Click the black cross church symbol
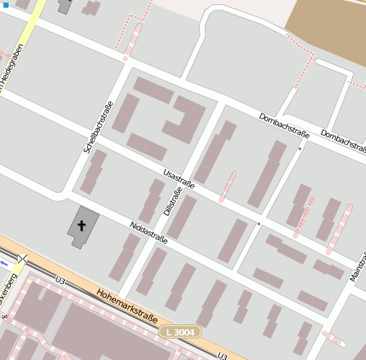[x=83, y=225]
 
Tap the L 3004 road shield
[x=180, y=330]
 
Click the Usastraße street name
[x=178, y=178]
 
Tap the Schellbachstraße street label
[x=98, y=127]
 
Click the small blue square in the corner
[x=4, y=4]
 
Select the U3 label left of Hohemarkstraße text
[x=60, y=280]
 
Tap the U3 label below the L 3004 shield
[x=222, y=355]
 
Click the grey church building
[x=82, y=227]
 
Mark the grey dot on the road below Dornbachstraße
[x=300, y=148]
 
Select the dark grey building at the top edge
[x=65, y=6]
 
